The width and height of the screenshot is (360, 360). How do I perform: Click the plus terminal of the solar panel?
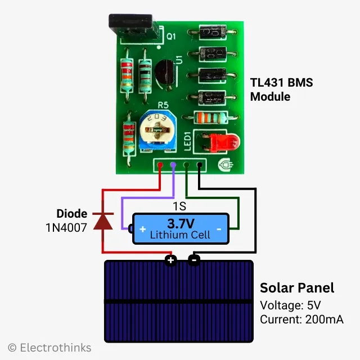pos(170,260)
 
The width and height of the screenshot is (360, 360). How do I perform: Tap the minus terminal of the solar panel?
pos(193,260)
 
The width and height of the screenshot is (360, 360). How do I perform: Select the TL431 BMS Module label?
pos(281,89)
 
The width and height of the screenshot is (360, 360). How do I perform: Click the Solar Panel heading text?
pos(296,288)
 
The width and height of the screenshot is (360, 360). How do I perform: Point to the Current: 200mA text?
pos(301,319)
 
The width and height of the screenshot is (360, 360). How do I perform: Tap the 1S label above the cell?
pos(179,206)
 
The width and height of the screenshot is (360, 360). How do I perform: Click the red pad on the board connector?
pos(161,165)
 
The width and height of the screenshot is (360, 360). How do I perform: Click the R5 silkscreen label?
pos(163,105)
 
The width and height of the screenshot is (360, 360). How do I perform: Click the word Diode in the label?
pos(72,214)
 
